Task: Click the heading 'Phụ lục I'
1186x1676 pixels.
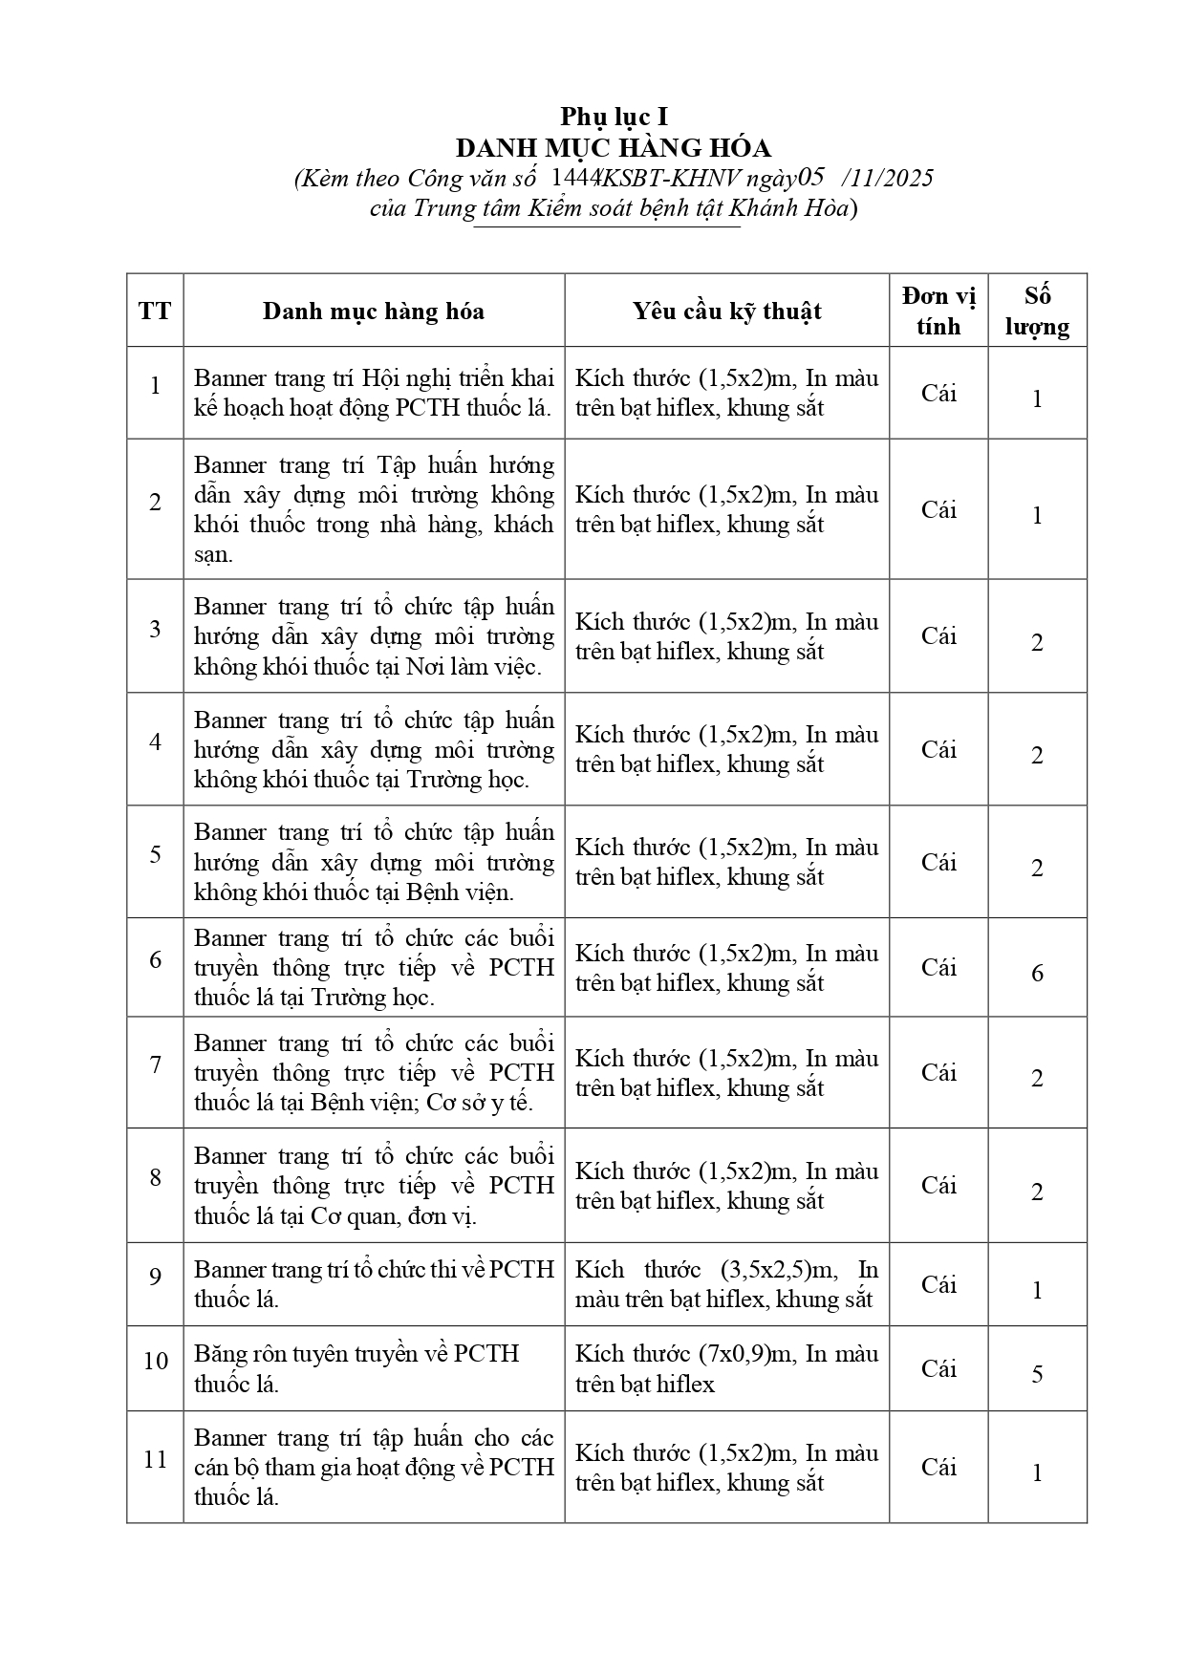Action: pyautogui.click(x=614, y=117)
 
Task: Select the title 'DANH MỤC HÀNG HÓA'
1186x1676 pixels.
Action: pyautogui.click(x=613, y=148)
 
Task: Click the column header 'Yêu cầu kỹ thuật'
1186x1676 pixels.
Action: pyautogui.click(x=726, y=311)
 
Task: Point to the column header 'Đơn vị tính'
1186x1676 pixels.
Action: pyautogui.click(x=938, y=311)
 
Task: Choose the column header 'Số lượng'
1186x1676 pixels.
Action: pyautogui.click(x=1037, y=311)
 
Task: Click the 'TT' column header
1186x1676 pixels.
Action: pyautogui.click(x=155, y=311)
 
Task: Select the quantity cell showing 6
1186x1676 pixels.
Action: pyautogui.click(x=1037, y=973)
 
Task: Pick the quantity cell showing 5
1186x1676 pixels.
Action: pyautogui.click(x=1037, y=1373)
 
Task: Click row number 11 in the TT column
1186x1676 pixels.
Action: pyautogui.click(x=155, y=1459)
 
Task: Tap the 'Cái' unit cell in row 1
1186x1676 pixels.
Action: pyautogui.click(x=938, y=393)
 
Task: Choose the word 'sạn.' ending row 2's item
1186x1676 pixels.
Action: pyautogui.click(x=213, y=554)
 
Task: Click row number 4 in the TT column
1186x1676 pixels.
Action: pyautogui.click(x=155, y=741)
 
